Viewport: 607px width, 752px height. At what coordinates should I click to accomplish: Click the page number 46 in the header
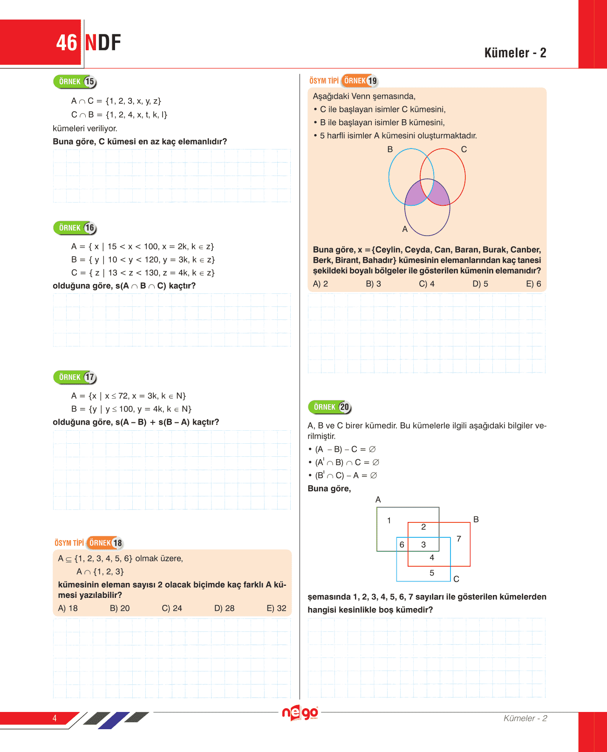pyautogui.click(x=67, y=43)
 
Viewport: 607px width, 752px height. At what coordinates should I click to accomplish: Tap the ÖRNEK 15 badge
pyautogui.click(x=75, y=82)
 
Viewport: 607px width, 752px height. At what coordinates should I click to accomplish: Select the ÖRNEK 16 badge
pyautogui.click(x=75, y=228)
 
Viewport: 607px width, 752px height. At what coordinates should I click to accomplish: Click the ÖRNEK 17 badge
pyautogui.click(x=75, y=377)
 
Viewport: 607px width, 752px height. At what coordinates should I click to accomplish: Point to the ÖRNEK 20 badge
pyautogui.click(x=330, y=407)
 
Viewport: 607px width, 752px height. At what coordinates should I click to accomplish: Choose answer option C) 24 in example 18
pyautogui.click(x=172, y=608)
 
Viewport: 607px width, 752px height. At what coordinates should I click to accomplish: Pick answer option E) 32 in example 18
pyautogui.click(x=276, y=608)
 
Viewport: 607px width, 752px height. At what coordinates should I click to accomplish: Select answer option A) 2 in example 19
pyautogui.click(x=321, y=284)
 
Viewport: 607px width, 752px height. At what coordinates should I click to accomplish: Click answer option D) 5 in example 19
pyautogui.click(x=480, y=284)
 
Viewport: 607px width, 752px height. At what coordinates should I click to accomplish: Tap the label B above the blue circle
pyautogui.click(x=390, y=149)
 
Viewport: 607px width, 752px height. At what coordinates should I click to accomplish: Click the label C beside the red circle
pyautogui.click(x=464, y=149)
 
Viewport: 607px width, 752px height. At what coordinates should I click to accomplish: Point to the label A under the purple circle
pyautogui.click(x=405, y=229)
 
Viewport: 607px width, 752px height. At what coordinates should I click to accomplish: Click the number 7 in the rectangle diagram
pyautogui.click(x=459, y=539)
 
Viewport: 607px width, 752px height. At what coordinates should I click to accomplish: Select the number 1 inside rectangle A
pyautogui.click(x=389, y=521)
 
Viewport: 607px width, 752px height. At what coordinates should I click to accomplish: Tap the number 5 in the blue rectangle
pyautogui.click(x=432, y=573)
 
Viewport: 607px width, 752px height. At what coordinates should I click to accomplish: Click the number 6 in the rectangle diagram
pyautogui.click(x=402, y=545)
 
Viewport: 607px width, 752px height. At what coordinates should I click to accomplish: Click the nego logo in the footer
pyautogui.click(x=300, y=713)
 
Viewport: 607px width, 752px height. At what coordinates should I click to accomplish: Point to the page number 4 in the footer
pyautogui.click(x=55, y=718)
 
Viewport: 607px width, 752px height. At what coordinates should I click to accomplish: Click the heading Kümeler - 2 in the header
pyautogui.click(x=515, y=53)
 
